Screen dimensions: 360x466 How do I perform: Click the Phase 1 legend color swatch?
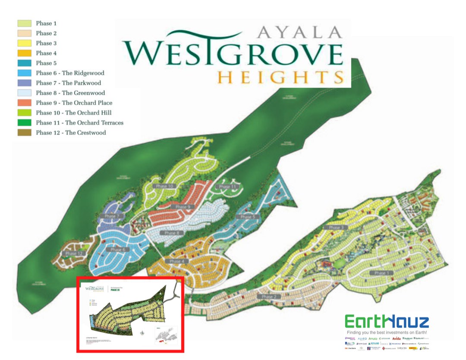click(x=24, y=23)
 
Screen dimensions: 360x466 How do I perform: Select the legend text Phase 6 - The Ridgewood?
click(x=70, y=73)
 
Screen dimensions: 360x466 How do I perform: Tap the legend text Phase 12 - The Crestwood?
click(x=71, y=132)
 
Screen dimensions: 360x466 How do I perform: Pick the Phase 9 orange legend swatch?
click(x=24, y=103)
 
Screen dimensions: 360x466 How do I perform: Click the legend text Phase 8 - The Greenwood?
click(x=70, y=93)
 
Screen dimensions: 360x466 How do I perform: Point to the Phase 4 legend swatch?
click(x=24, y=53)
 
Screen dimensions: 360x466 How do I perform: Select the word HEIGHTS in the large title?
click(x=280, y=77)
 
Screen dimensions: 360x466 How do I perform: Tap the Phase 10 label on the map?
click(x=163, y=186)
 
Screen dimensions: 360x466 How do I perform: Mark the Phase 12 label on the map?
click(x=74, y=254)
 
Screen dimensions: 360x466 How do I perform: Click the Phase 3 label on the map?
click(x=336, y=228)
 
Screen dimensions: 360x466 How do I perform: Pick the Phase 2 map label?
click(x=268, y=297)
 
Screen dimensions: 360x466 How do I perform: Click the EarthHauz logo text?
click(x=387, y=322)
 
